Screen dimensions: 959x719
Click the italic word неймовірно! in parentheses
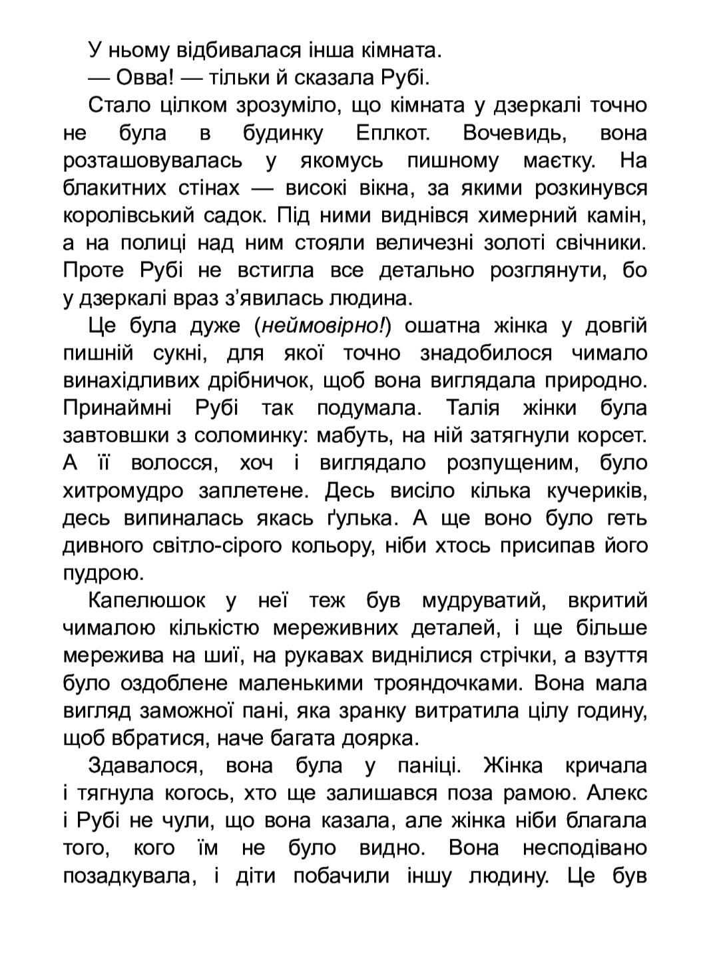click(322, 326)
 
